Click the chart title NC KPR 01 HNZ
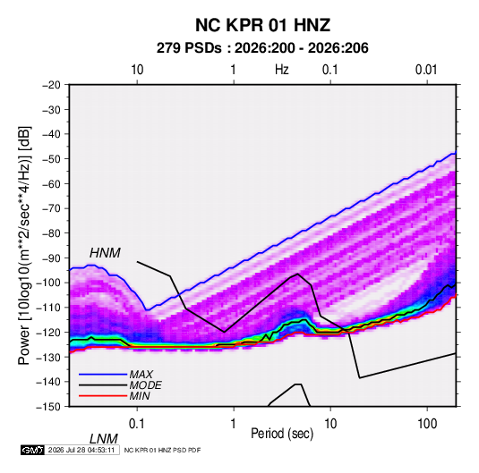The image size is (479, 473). click(x=262, y=25)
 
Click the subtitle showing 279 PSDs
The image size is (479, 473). click(x=262, y=48)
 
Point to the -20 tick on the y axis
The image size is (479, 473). click(x=51, y=85)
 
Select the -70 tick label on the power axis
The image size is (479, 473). click(x=51, y=208)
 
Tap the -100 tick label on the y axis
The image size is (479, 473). click(x=48, y=283)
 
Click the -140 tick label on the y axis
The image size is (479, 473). click(x=48, y=382)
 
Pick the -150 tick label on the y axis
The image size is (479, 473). click(x=48, y=407)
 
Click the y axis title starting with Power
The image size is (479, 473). click(x=24, y=245)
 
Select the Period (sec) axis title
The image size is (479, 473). click(x=282, y=434)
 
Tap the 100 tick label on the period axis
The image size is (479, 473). click(x=427, y=424)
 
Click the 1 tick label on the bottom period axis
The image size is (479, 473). click(x=234, y=424)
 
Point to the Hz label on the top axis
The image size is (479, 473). click(x=282, y=70)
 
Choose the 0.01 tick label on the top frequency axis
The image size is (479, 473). click(x=426, y=70)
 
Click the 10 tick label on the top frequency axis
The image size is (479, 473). click(x=137, y=70)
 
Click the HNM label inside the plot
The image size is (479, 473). click(x=105, y=253)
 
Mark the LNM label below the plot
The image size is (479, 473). click(x=103, y=439)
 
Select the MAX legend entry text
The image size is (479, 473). click(x=141, y=375)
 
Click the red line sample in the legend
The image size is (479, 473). click(x=103, y=396)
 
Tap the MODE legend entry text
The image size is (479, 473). click(x=145, y=385)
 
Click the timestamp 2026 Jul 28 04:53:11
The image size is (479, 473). click(x=81, y=450)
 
